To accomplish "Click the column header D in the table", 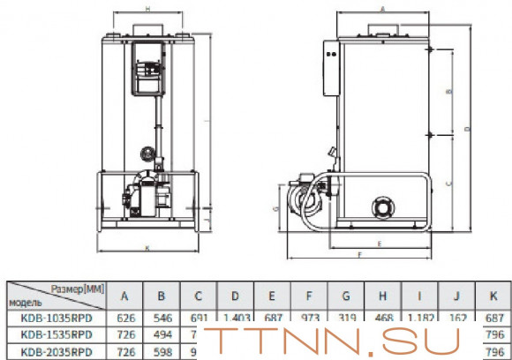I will [234, 296].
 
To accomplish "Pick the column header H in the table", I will [383, 296].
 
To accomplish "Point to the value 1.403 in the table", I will [234, 318].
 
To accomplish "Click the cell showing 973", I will [309, 318].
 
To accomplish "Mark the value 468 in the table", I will [383, 318].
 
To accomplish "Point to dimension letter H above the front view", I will [147, 8].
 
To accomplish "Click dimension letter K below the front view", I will [147, 247].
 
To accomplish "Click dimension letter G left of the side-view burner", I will [276, 208].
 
